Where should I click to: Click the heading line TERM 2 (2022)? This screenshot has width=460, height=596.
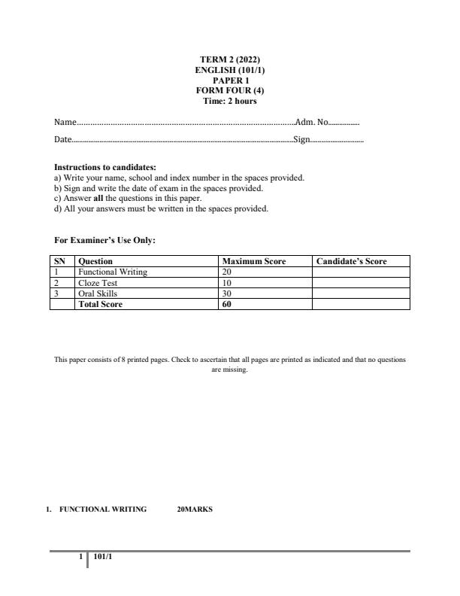(229, 59)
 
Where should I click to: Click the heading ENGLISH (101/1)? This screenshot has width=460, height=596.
(229, 70)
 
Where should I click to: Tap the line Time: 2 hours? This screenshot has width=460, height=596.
(229, 102)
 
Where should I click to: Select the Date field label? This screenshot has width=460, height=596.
(62, 139)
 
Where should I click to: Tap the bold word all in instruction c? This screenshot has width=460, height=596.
(98, 199)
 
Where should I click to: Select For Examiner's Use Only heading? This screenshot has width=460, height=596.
(104, 240)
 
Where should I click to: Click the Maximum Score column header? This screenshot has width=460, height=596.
(254, 262)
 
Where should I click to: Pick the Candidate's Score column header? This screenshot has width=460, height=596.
(352, 262)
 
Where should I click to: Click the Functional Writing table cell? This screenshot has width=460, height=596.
(113, 272)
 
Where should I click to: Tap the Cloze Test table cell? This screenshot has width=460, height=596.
(98, 283)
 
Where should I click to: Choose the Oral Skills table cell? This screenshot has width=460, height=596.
(98, 293)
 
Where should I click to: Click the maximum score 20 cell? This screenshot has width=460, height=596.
(227, 272)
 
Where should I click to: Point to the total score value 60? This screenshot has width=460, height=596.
(227, 304)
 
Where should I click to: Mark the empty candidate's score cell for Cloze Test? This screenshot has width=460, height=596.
(361, 283)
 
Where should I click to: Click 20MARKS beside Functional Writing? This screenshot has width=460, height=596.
(195, 509)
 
